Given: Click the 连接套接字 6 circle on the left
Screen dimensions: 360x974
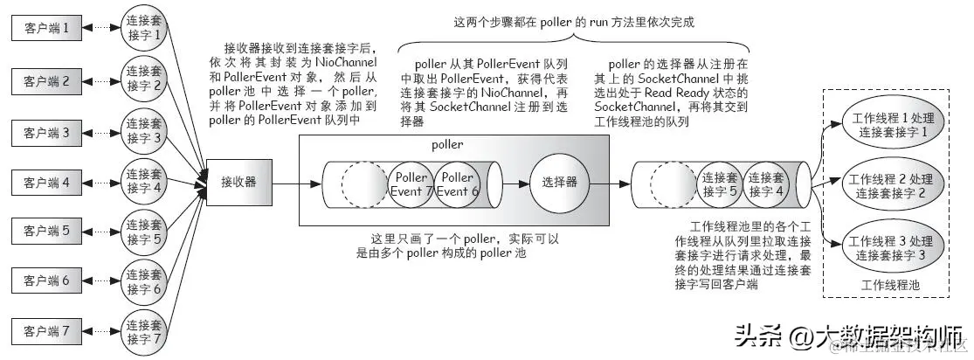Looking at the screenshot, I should [143, 281].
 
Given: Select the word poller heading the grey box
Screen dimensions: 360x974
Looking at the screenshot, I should [447, 144].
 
